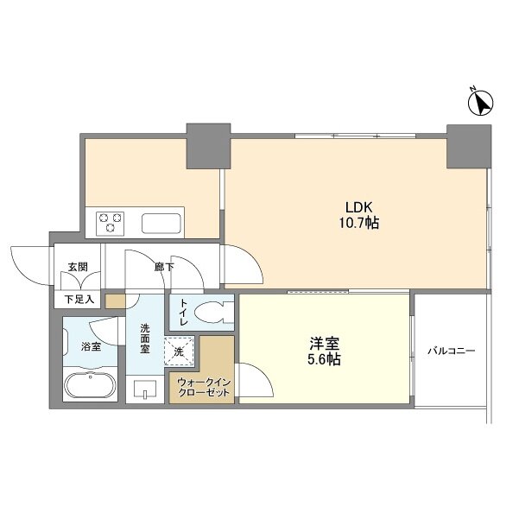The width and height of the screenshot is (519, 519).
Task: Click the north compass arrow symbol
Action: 481,103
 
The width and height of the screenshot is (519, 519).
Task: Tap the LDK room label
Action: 359,207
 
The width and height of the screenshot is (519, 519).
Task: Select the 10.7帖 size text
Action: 358,223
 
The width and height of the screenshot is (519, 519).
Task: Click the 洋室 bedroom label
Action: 325,344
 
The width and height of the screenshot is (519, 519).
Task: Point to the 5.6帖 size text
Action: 325,359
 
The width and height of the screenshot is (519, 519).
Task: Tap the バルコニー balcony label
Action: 451,351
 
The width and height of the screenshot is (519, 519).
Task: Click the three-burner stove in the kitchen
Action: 111,224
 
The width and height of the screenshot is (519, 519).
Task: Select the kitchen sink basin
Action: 161,224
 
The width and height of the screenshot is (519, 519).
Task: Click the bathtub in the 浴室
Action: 91,386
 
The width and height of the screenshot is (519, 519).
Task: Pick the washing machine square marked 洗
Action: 179,351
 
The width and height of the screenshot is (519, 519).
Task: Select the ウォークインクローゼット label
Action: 204,388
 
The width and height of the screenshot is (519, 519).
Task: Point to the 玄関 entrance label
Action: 78,267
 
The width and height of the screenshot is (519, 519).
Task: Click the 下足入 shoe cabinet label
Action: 79,300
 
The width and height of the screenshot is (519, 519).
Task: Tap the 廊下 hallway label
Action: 164,267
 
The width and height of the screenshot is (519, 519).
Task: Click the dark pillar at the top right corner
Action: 469,147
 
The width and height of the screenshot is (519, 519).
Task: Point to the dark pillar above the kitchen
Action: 208,146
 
